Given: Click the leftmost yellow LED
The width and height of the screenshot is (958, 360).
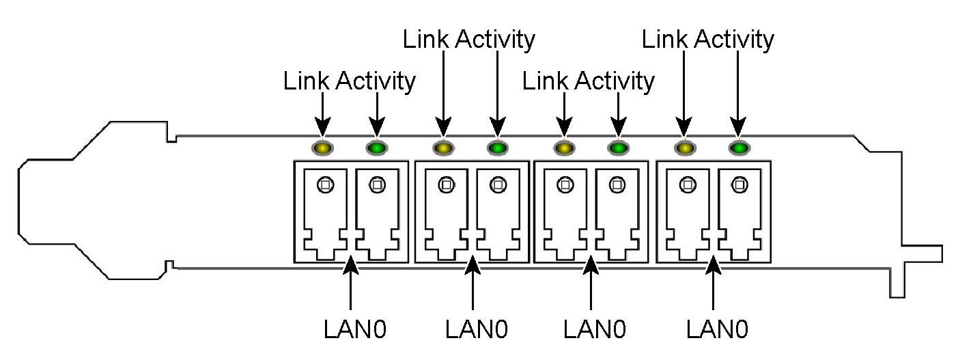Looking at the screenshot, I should click(x=322, y=147).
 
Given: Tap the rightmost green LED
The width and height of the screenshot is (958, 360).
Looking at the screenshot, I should click(x=738, y=147).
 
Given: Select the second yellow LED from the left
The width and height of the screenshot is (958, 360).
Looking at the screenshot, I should click(x=442, y=147).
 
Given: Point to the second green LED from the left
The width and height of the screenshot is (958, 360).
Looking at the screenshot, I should click(x=497, y=147).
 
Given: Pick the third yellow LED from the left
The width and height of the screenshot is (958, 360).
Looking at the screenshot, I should click(x=563, y=147).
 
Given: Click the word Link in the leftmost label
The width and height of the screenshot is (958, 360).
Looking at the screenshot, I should click(x=305, y=81).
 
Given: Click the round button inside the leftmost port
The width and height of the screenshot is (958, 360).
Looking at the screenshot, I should click(x=326, y=184).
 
